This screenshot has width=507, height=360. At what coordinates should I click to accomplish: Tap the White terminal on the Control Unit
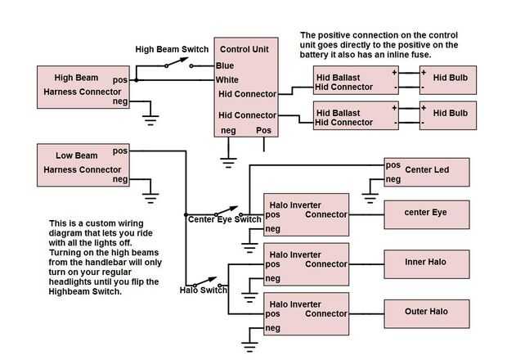coord(228,79)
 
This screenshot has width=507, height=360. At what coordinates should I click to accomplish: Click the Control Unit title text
coord(245,50)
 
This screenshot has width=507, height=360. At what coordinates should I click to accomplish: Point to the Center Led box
coord(427,171)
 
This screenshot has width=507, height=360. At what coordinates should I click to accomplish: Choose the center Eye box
coord(427,214)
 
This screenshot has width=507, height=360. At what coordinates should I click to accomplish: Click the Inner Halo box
coord(427,263)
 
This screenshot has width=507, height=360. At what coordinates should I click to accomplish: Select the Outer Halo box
coord(427,312)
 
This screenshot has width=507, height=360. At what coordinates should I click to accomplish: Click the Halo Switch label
coord(203,290)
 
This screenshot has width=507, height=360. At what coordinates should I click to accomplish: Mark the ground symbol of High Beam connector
coord(150,119)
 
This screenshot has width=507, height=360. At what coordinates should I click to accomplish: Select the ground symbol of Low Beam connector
coord(150,196)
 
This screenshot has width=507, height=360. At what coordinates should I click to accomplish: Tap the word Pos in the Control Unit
coord(264,130)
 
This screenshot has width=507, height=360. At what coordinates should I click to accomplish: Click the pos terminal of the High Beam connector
coord(120,79)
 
